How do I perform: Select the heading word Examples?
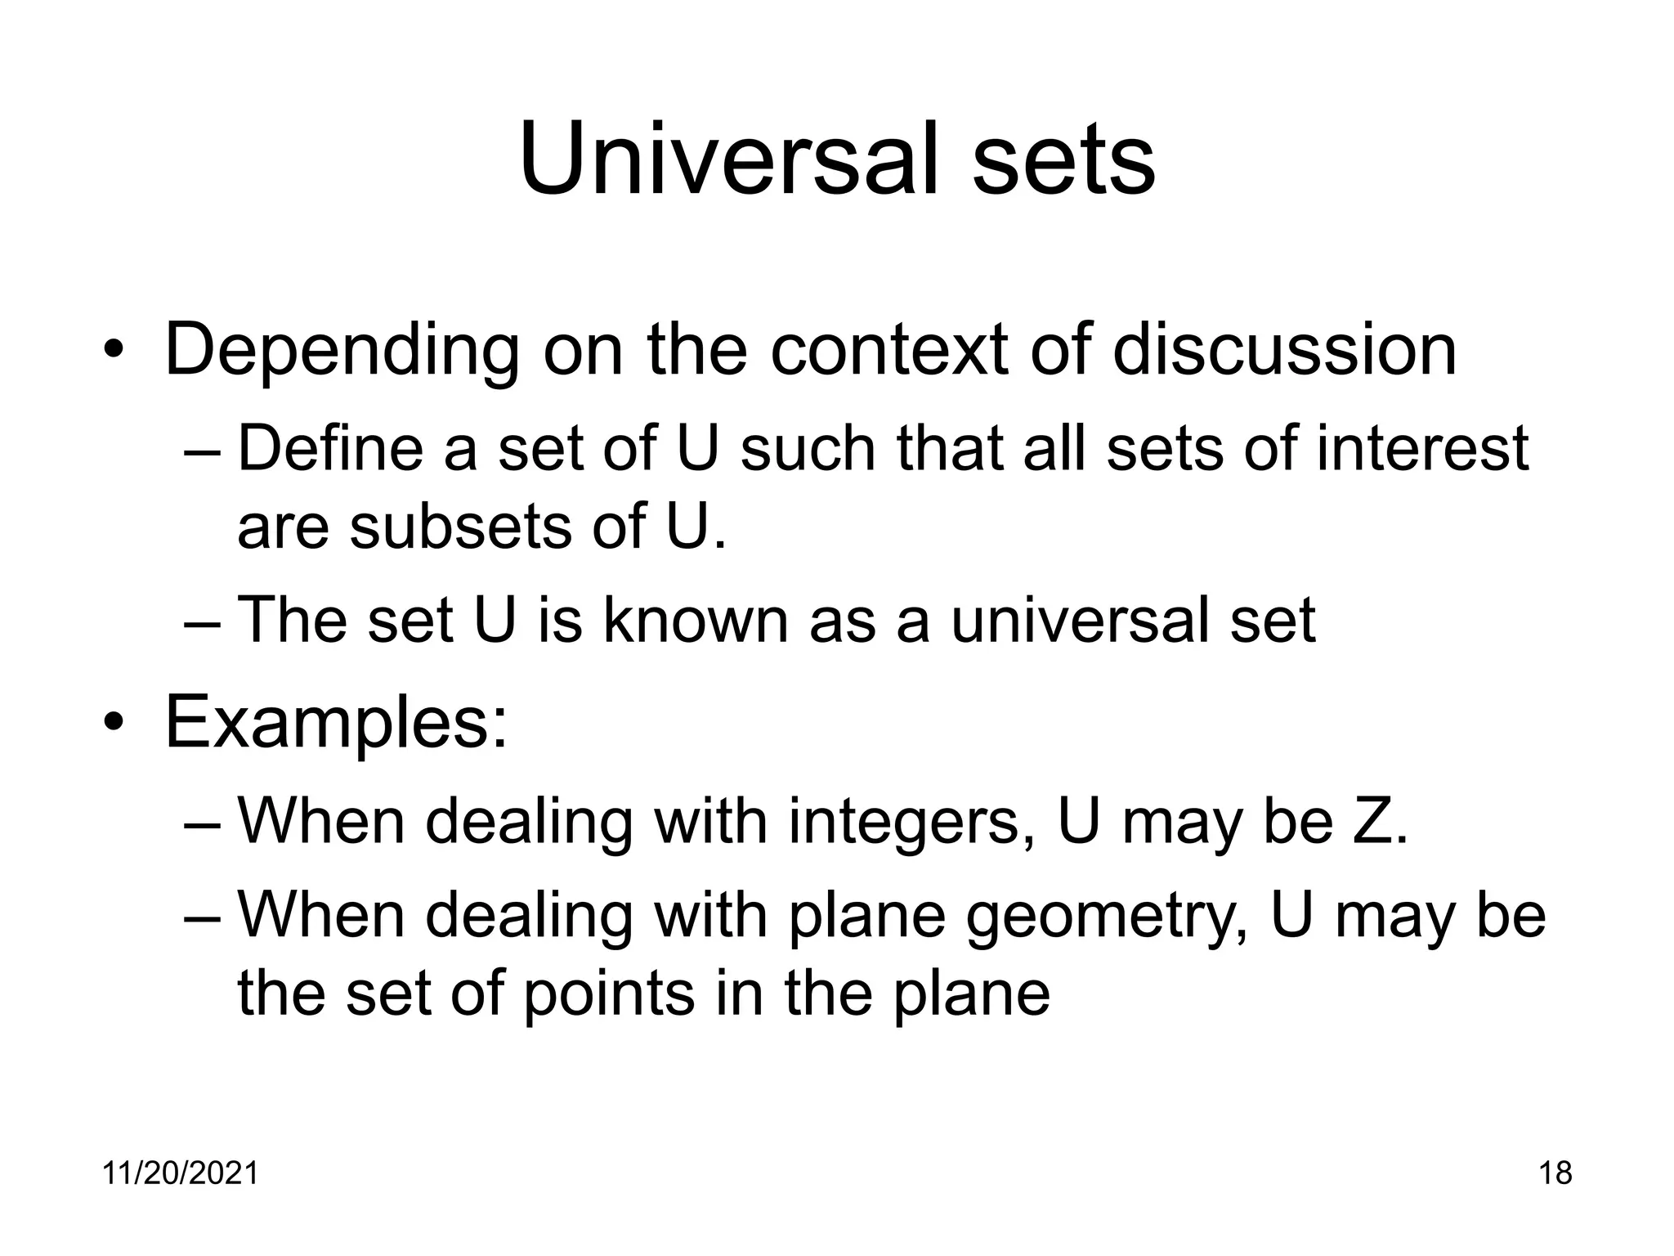[336, 722]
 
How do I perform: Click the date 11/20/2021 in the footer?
[180, 1173]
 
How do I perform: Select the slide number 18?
[1555, 1173]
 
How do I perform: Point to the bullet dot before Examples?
[113, 724]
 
